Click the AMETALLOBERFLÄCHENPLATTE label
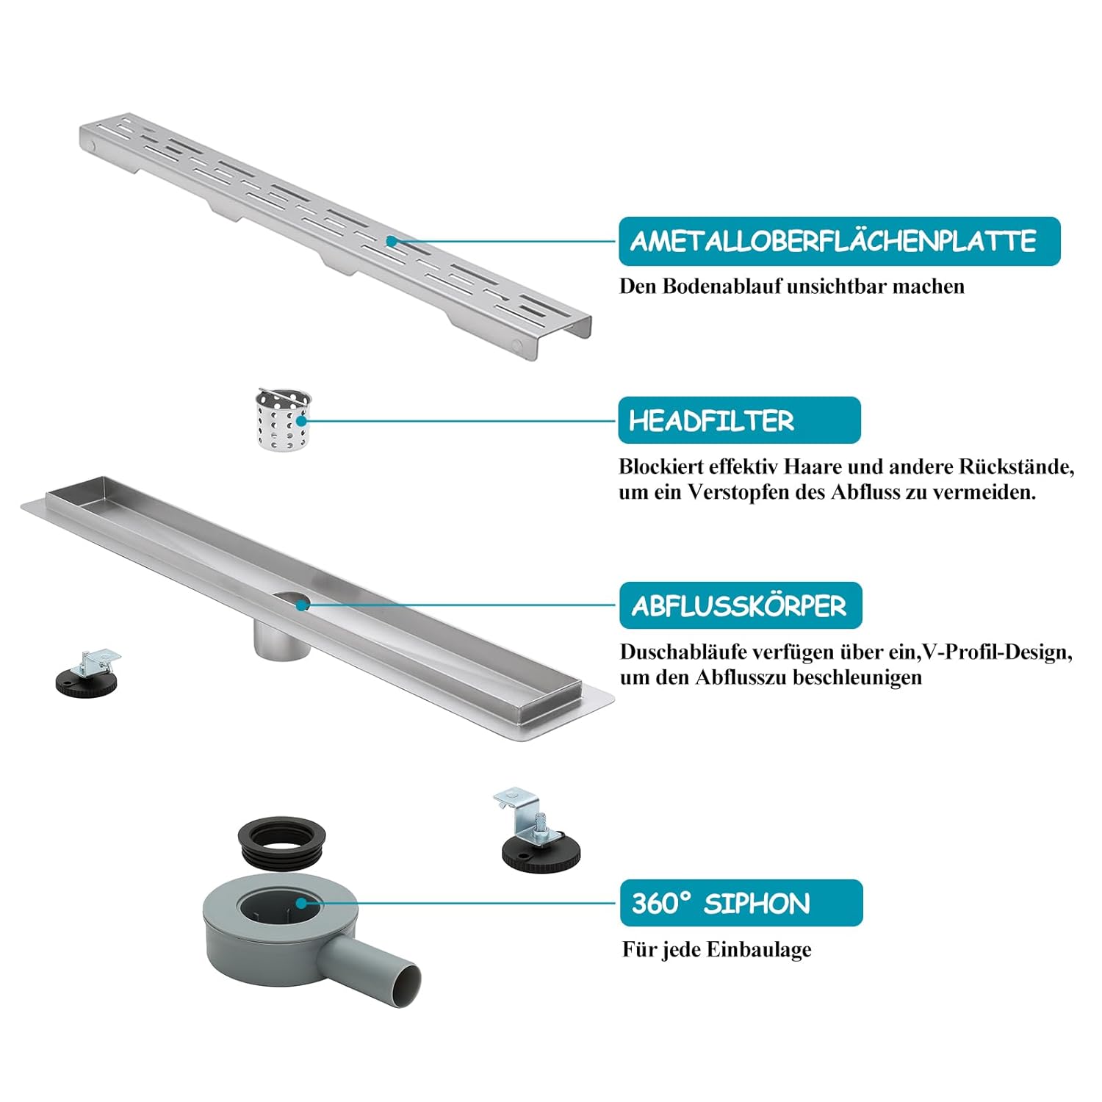(839, 241)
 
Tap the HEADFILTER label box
(739, 420)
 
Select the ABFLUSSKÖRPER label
(741, 605)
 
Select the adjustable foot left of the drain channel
(87, 674)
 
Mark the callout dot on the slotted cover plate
(392, 241)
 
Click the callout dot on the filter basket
(301, 421)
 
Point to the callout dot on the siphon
(301, 904)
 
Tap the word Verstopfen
(738, 493)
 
